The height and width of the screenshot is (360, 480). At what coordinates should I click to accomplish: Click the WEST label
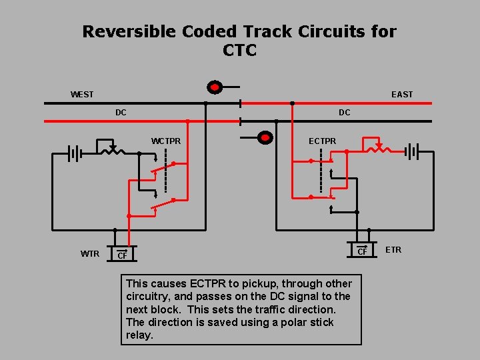coord(82,95)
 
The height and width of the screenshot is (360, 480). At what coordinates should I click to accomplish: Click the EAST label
coord(402,95)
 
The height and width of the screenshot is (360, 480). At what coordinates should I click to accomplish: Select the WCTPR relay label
coord(166,141)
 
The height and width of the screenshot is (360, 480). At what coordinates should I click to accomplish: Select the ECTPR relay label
coord(322,141)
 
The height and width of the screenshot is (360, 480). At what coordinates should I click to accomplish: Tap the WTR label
coord(90,253)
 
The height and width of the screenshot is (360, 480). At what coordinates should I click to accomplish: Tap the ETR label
coord(393,250)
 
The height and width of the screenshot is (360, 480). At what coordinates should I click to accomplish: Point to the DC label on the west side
coord(121,113)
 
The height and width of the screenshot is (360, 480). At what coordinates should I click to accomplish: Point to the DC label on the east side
coord(344,113)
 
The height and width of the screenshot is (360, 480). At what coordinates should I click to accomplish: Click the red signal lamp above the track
coord(215,87)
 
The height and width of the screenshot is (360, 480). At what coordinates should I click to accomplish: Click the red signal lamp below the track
coord(265,138)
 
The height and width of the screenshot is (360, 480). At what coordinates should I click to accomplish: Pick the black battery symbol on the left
coord(74,154)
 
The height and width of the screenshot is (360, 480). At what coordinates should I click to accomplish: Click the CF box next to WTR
coord(121,255)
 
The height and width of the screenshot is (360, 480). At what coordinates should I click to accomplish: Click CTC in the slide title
coord(240,51)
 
